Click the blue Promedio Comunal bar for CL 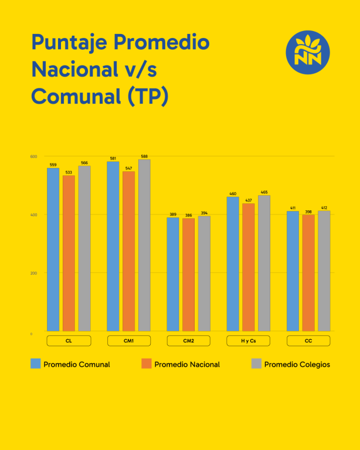click(x=53, y=250)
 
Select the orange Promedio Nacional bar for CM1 click(x=128, y=251)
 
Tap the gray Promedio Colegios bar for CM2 click(x=204, y=274)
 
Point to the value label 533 click(x=69, y=172)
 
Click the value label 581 click(x=113, y=159)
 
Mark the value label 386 click(x=188, y=216)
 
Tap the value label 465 click(x=264, y=192)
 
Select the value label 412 click(x=324, y=208)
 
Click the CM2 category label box click(x=188, y=340)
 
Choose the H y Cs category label click(x=248, y=340)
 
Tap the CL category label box click(x=69, y=340)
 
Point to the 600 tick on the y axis click(x=33, y=156)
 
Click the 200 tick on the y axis click(x=33, y=273)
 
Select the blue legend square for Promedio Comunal click(x=35, y=364)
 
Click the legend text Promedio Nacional click(x=187, y=364)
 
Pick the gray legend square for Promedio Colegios click(x=256, y=364)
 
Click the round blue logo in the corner click(x=308, y=52)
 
